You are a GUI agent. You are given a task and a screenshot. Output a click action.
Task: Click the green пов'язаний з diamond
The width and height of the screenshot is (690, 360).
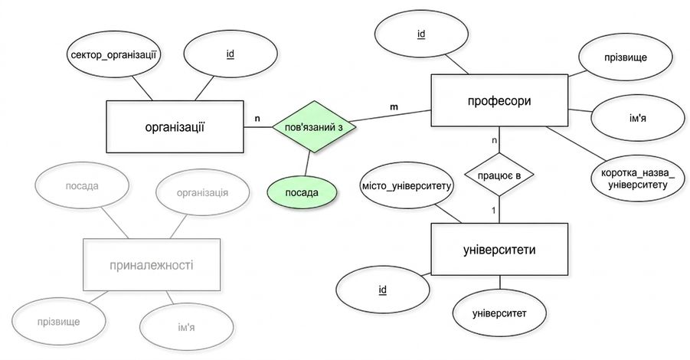314,126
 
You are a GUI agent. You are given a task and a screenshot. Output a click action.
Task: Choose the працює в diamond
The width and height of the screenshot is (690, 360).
499,175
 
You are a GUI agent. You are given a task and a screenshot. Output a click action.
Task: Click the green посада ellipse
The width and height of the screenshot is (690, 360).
302,193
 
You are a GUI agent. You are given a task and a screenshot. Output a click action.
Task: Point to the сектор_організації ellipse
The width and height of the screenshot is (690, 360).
114,55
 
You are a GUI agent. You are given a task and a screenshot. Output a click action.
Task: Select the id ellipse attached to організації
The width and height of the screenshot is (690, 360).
231,54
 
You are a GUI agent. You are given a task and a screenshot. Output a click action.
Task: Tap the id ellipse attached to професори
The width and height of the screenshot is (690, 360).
421,34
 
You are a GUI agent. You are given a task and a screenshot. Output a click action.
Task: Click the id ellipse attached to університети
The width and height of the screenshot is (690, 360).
382,290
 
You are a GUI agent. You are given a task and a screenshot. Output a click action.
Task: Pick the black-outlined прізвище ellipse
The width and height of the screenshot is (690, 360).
626,57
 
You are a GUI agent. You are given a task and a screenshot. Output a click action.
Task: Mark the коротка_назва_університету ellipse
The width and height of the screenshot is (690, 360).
637,178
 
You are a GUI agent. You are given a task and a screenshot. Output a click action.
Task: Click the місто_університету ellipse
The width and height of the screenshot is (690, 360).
406,186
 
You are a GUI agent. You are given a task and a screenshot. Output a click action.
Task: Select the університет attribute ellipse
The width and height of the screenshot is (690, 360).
499,313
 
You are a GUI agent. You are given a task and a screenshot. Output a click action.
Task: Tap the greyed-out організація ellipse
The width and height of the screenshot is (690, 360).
202,193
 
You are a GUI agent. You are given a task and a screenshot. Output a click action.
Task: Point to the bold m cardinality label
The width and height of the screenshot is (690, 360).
394,107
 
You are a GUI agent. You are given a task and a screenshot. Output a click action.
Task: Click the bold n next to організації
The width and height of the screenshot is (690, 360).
257,119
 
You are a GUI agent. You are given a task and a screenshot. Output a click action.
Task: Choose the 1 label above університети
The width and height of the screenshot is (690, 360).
494,211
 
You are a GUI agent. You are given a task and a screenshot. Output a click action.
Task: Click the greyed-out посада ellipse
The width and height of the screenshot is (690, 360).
82,185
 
